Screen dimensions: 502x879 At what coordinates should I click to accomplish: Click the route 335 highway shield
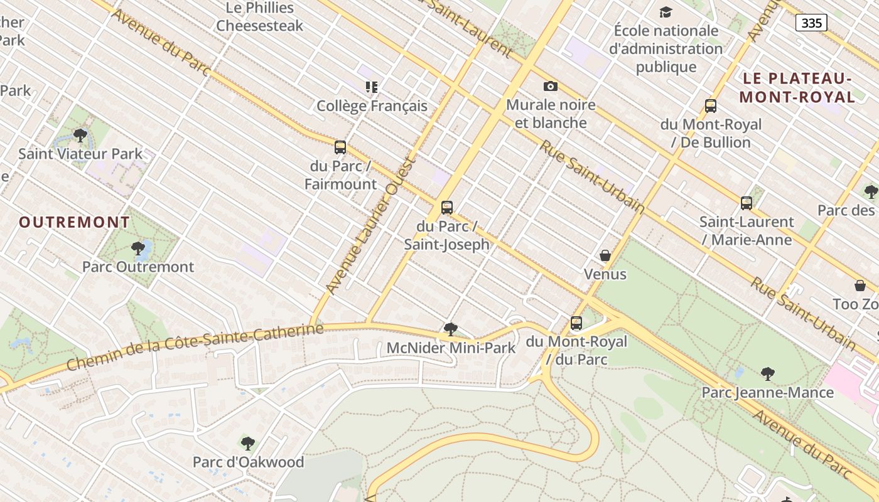pos(811,23)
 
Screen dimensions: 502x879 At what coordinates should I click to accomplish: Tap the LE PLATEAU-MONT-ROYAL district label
pos(797,88)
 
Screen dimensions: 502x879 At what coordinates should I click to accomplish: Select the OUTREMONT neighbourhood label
pos(74,222)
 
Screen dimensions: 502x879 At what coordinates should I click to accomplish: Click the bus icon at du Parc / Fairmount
pos(340,147)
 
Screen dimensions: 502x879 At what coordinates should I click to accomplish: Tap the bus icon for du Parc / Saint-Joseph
pos(447,207)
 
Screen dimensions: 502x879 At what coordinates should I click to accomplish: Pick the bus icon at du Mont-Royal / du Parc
pos(576,323)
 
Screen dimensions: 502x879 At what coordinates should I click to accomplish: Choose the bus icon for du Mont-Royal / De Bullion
pos(711,105)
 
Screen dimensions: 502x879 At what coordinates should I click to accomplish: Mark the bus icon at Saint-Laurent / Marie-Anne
pos(747,203)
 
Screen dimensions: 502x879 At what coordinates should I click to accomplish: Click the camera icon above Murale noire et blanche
pos(551,86)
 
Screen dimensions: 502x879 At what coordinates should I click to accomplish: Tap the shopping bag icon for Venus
pos(605,255)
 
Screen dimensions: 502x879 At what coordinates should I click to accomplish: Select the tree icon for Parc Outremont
pos(138,248)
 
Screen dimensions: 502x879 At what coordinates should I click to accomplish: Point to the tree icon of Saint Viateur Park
pos(80,135)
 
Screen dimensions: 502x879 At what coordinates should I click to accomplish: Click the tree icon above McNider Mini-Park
pos(451,329)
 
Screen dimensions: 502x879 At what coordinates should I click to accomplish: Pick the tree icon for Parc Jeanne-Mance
pos(767,374)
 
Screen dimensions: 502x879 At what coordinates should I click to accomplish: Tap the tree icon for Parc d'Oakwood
pos(248,444)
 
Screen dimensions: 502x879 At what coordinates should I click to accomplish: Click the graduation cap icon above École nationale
pos(666,12)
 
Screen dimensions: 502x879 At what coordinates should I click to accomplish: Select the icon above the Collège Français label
pos(372,87)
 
